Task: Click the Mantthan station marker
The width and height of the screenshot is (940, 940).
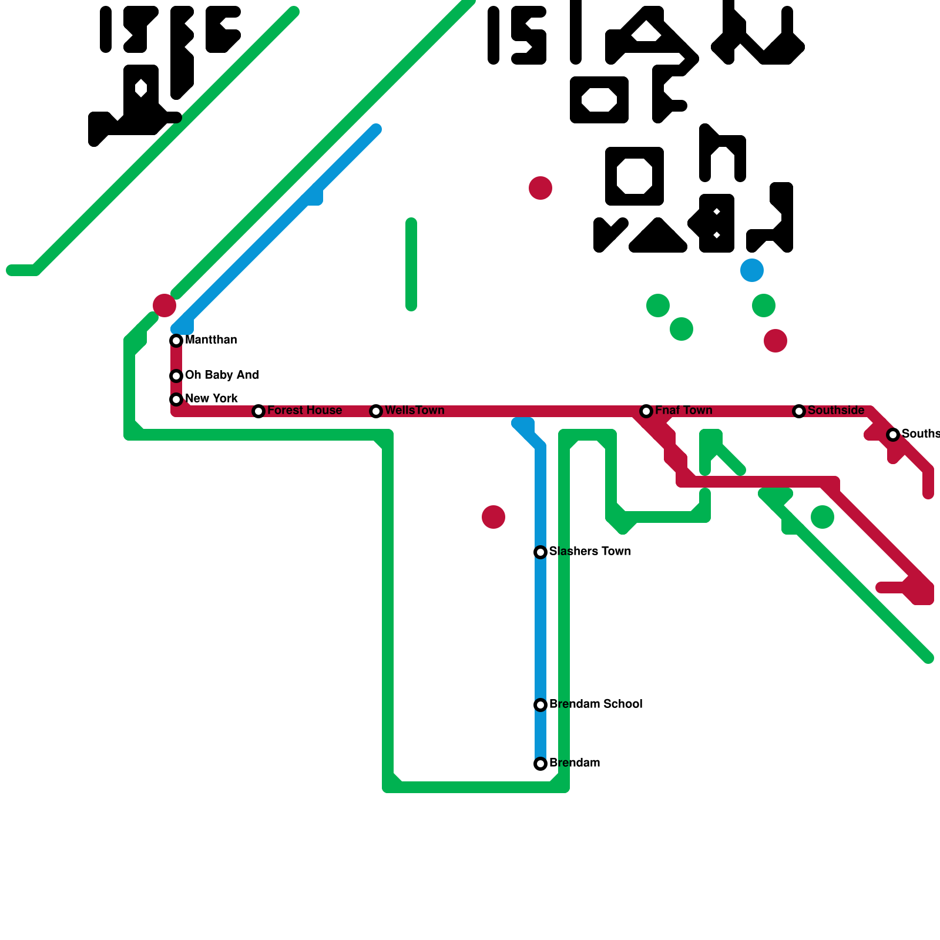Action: tap(176, 341)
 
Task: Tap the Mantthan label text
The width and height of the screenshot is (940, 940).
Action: tap(211, 340)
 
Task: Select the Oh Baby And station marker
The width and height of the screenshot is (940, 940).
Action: tap(176, 376)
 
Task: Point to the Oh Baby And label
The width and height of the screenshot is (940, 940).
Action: tap(221, 375)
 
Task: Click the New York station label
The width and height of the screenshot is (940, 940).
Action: tap(211, 399)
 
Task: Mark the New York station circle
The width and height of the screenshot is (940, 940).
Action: tap(176, 399)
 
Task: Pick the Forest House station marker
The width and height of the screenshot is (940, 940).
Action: tap(258, 411)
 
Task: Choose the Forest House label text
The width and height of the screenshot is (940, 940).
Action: tap(304, 411)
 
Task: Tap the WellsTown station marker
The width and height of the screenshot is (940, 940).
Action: tap(376, 411)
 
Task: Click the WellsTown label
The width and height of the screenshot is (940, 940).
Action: tap(414, 411)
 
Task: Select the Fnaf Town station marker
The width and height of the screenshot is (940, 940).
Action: tap(646, 411)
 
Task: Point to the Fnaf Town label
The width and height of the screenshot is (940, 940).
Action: tap(683, 411)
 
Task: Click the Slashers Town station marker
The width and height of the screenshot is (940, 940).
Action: tap(540, 552)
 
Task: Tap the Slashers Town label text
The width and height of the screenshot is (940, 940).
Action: tap(590, 552)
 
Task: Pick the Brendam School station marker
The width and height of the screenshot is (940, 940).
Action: tap(540, 705)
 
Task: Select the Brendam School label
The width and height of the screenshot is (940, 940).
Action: tap(596, 704)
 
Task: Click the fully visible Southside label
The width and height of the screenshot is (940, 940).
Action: tap(836, 411)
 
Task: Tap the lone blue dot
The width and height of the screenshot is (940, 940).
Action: tap(752, 270)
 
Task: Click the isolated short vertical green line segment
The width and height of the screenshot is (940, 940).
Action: tap(411, 264)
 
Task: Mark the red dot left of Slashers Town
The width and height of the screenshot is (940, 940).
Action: tap(493, 517)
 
